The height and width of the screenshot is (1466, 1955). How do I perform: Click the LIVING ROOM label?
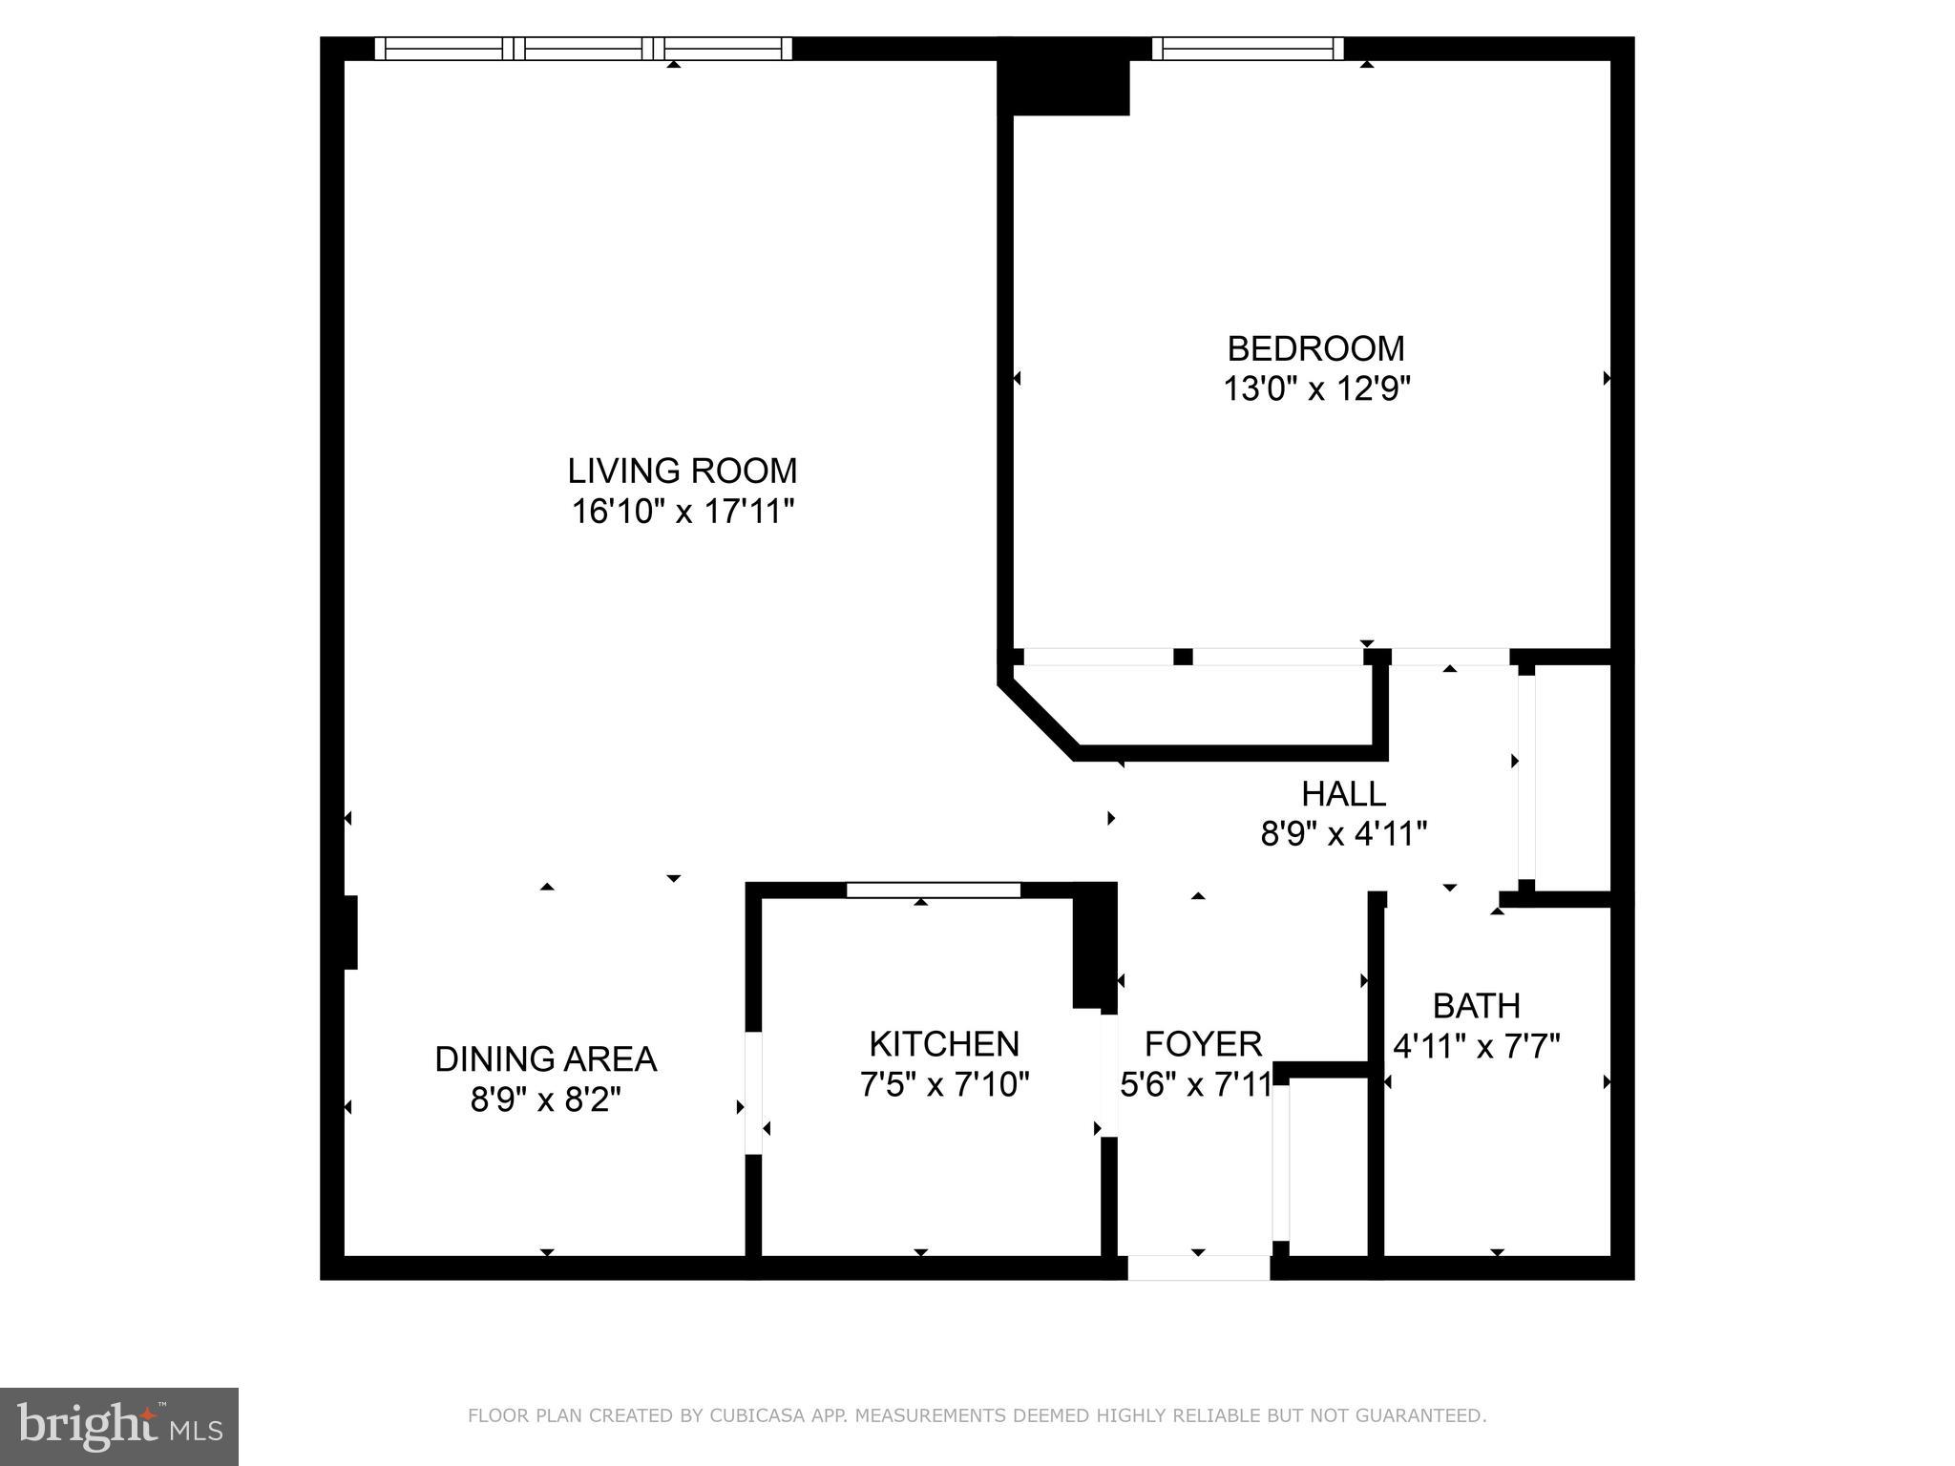point(682,471)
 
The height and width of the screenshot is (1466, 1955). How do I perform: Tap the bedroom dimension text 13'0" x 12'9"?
point(1316,389)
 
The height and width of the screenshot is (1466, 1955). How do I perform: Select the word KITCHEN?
point(943,1043)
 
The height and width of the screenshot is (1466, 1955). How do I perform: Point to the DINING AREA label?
point(545,1058)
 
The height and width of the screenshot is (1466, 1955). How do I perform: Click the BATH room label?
point(1476,1005)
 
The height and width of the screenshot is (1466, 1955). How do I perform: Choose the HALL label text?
point(1343,793)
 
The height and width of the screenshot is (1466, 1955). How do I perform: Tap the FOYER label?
point(1203,1043)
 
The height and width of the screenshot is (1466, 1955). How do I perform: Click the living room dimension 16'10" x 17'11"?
point(682,512)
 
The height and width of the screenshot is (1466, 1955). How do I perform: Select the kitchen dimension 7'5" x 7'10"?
point(944,1084)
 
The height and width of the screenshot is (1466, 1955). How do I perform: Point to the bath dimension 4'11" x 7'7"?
point(1476,1047)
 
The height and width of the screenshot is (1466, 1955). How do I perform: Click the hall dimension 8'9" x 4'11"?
point(1343,834)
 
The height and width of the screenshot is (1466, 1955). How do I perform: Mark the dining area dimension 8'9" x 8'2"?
point(545,1099)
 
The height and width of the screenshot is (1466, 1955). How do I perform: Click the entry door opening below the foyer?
point(1199,1267)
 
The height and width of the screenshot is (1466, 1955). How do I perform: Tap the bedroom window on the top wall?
point(1247,48)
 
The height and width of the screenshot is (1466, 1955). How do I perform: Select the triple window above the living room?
point(583,48)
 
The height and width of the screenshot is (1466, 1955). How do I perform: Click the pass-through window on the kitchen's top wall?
point(933,890)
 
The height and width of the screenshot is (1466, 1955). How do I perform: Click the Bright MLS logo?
point(118,1426)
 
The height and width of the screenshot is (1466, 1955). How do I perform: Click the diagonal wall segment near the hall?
point(1041,717)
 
